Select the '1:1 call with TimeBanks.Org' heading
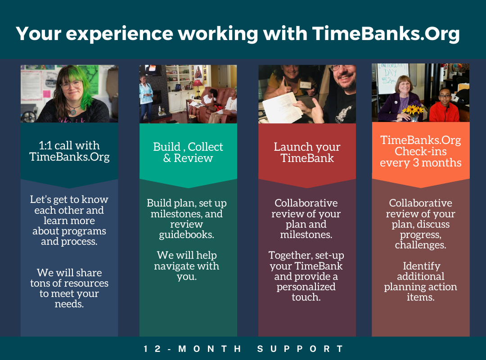pos(69,151)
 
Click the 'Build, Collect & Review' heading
pos(188,152)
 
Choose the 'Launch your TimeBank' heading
pos(307,152)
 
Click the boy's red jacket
pos(444,112)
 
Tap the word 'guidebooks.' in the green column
pos(187,235)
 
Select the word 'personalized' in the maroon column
pos(306,287)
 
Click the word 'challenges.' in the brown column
pos(421,245)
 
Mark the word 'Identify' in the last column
pos(422,266)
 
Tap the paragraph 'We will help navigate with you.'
pos(187,266)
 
